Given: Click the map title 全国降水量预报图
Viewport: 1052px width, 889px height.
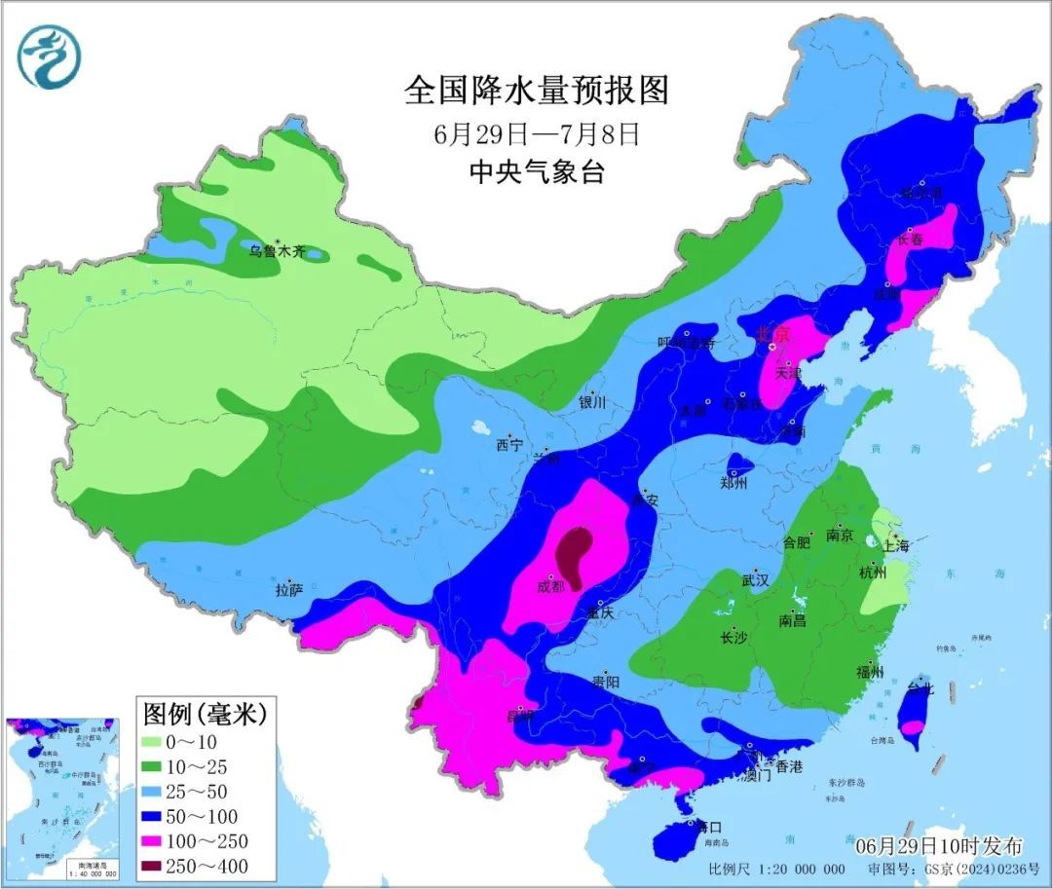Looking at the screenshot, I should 537,91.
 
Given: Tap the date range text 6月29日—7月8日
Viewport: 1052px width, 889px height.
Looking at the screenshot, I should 537,132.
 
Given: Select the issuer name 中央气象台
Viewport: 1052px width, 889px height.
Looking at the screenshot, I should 537,172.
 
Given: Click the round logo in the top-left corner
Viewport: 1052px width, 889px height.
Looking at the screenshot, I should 48,56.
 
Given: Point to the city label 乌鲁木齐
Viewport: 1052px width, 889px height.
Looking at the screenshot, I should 276,251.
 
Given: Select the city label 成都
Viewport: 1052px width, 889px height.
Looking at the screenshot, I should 550,587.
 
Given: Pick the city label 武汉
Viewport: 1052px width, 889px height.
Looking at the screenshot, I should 755,579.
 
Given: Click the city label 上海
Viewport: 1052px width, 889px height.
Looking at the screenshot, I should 895,546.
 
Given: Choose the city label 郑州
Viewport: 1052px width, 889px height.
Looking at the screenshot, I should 733,482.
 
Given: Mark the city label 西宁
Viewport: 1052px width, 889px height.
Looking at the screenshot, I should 508,445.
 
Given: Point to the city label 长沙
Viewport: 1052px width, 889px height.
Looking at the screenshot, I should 733,638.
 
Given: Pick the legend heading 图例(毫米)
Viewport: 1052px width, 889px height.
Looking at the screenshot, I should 205,715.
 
